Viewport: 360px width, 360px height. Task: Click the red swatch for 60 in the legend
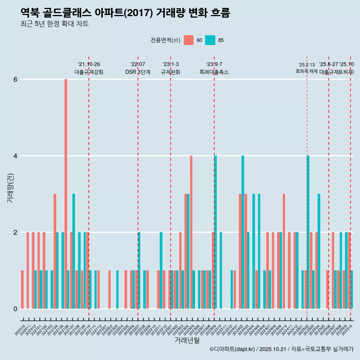189,40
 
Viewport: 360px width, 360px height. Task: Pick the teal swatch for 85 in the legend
210,40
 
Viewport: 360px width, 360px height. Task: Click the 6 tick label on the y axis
15,79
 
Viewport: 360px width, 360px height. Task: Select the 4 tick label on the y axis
15,156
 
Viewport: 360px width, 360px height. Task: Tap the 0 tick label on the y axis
15,309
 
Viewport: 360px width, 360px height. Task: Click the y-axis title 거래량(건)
10,188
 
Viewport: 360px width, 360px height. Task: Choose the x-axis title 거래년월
187,340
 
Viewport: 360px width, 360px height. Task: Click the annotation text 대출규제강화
89,72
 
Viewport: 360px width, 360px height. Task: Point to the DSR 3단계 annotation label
138,72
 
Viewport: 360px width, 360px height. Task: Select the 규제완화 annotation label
171,72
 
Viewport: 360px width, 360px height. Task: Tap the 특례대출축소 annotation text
214,72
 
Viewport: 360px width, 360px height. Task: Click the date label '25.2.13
307,65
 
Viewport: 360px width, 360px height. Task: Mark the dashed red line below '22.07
138,187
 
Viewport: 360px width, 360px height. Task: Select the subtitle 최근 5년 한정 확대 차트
54,24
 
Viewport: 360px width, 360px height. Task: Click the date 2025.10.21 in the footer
273,349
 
